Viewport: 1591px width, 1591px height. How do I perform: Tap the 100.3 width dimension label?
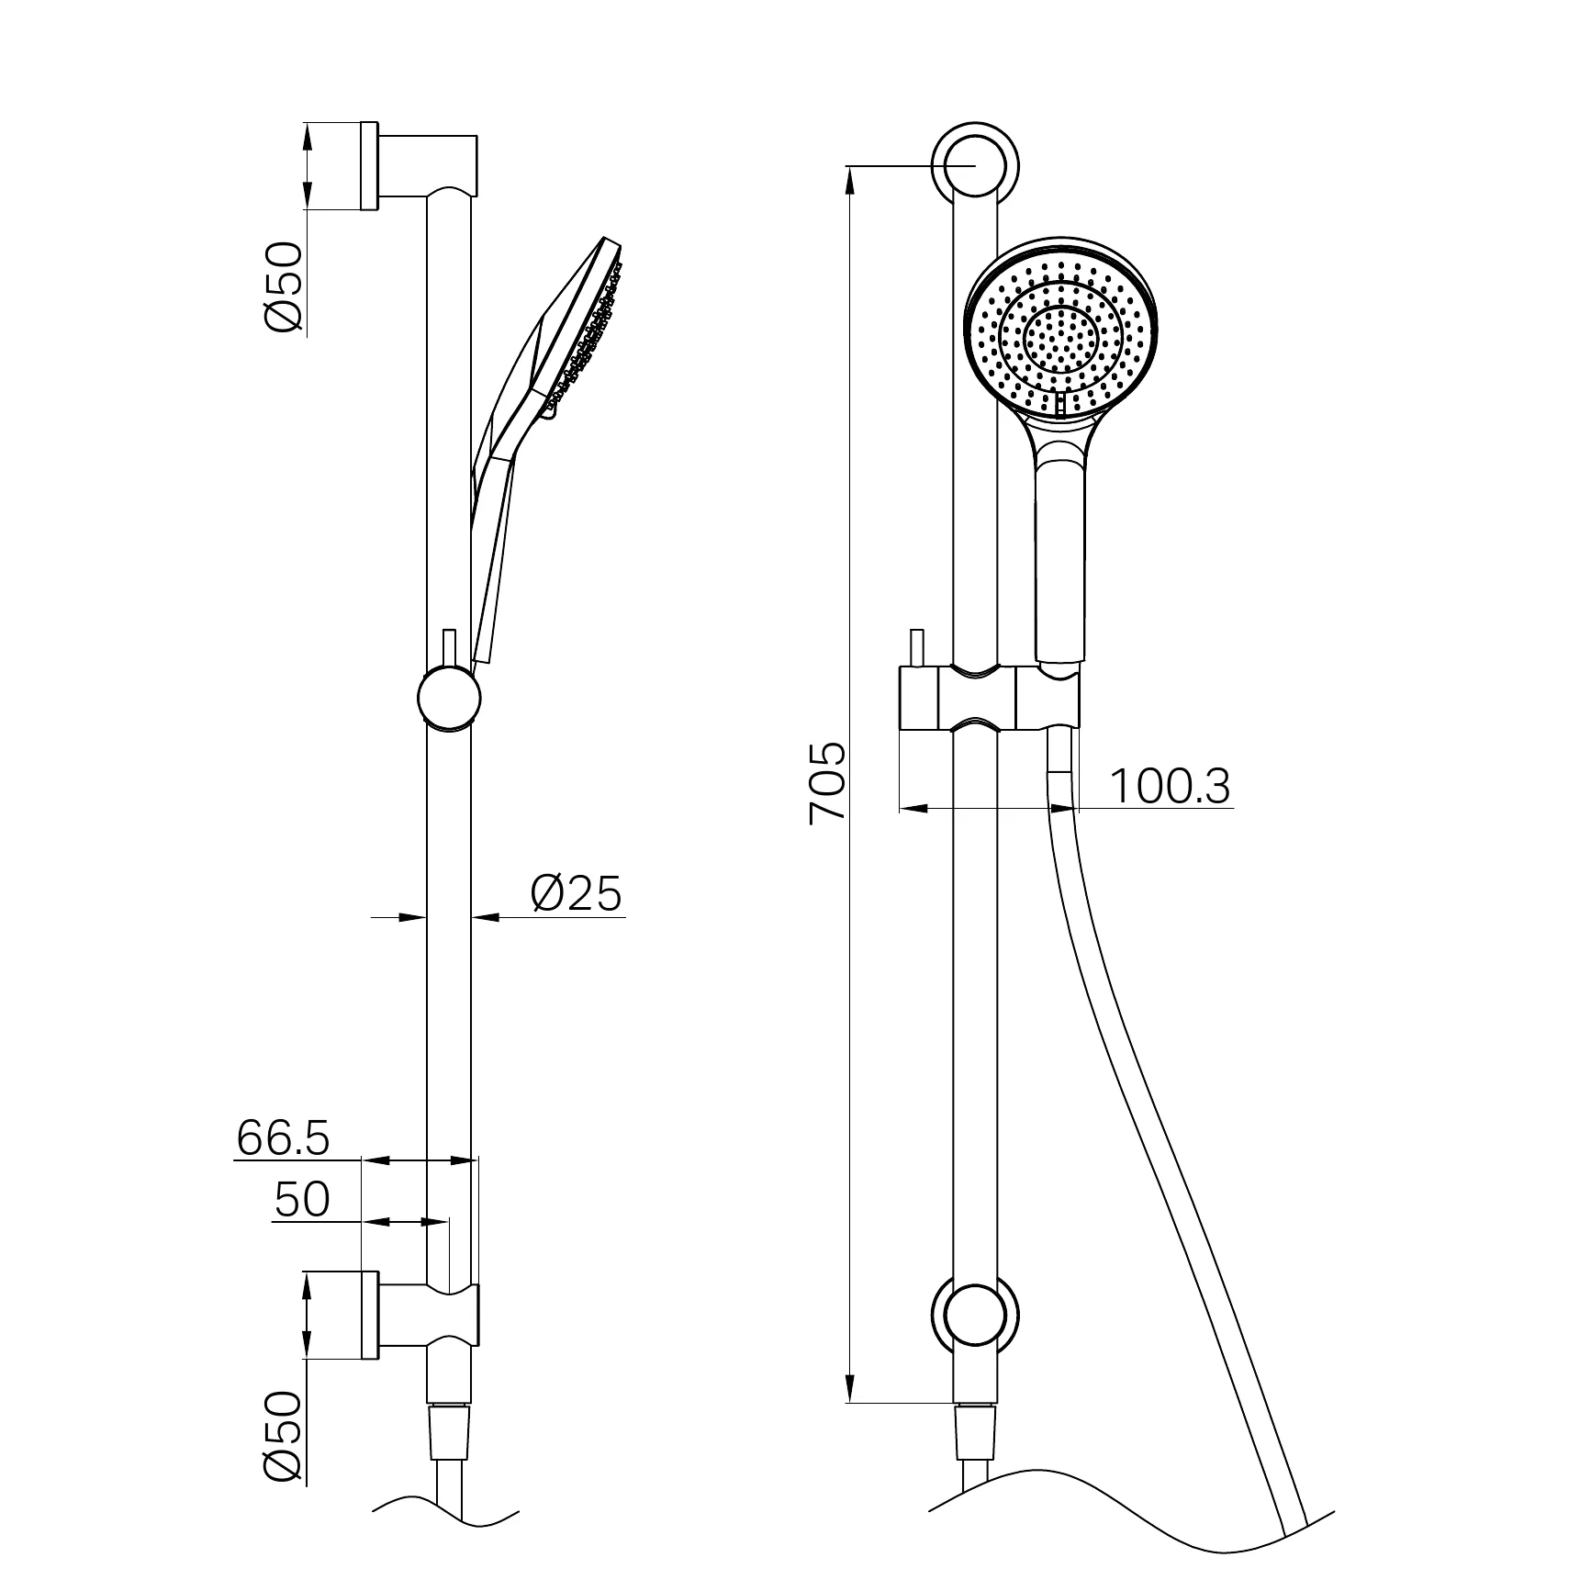(1170, 786)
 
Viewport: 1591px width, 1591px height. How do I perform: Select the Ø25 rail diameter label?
(577, 892)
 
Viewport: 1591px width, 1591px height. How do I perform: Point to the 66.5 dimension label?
(283, 1138)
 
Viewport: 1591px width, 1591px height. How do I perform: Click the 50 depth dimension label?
(302, 1199)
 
